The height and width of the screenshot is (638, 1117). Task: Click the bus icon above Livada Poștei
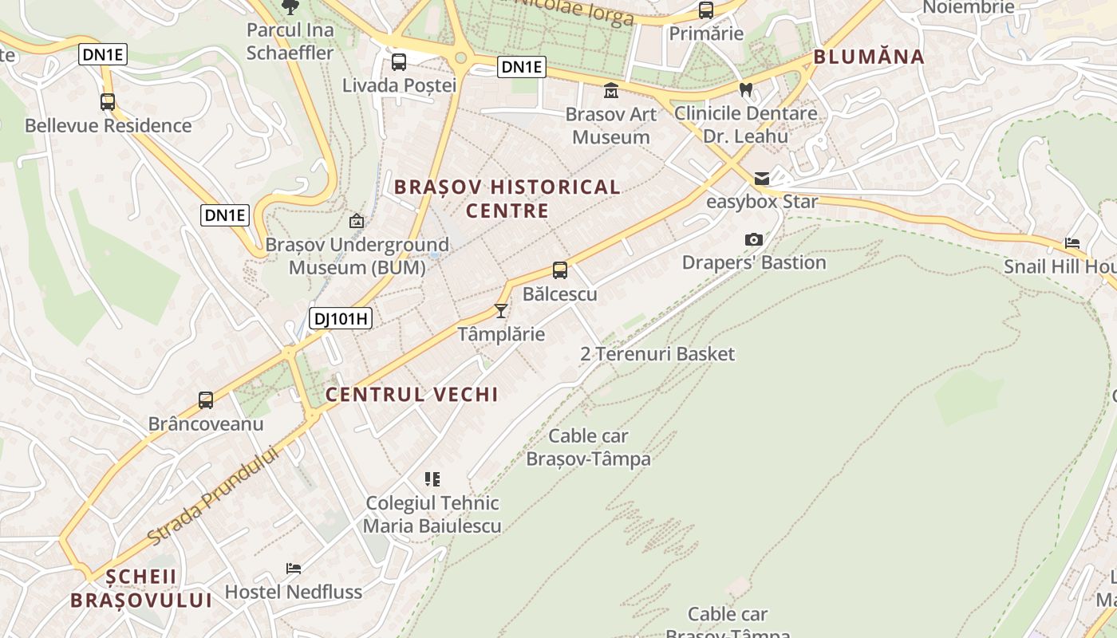point(399,61)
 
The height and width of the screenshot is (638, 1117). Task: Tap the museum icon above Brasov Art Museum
point(611,90)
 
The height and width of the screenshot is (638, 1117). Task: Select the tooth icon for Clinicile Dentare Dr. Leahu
point(746,89)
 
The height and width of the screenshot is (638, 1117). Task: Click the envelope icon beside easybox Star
point(762,178)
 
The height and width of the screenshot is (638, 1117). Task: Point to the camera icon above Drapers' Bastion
point(753,239)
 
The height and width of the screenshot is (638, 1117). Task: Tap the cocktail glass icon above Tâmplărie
point(501,310)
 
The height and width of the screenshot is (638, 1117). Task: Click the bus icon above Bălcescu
point(560,270)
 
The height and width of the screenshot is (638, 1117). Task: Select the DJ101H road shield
point(341,319)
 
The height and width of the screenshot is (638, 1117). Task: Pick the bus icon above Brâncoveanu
point(206,400)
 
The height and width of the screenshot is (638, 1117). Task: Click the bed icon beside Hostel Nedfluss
point(294,569)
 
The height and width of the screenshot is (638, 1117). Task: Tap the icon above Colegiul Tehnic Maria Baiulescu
point(432,479)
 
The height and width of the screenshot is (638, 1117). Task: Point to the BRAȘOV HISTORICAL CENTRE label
point(507,199)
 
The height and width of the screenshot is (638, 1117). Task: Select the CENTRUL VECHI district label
point(412,394)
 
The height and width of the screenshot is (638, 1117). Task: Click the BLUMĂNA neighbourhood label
point(869,57)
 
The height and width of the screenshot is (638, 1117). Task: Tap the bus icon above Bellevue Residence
point(108,102)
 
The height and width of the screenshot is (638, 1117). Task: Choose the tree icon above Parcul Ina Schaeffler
point(290,7)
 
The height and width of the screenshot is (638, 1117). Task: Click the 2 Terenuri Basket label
point(657,353)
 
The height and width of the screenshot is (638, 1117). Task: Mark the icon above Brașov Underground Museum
point(357,221)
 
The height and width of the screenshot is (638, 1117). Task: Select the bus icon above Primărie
point(706,10)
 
